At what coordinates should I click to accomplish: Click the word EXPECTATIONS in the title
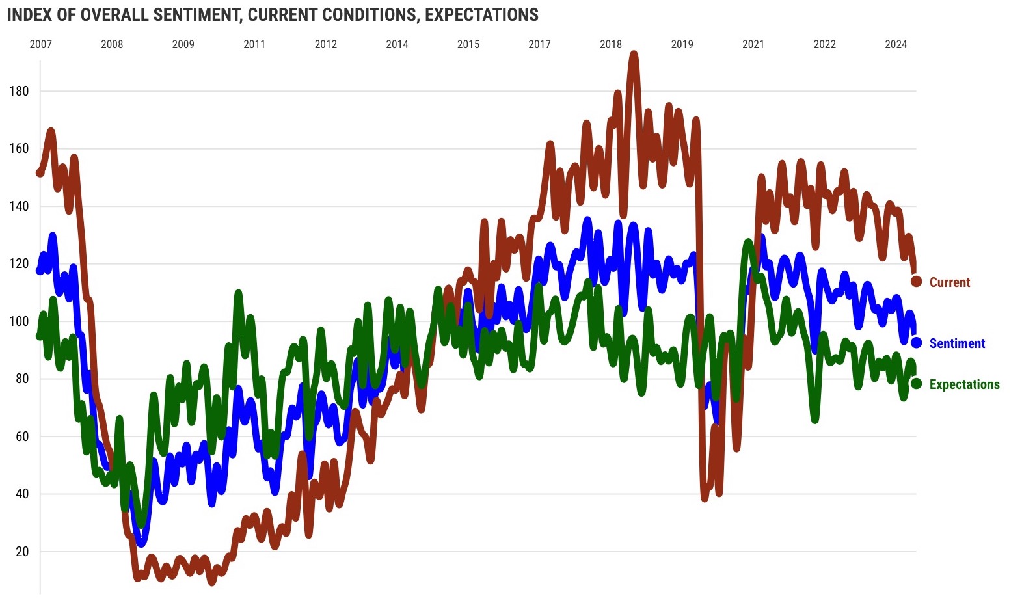click(481, 14)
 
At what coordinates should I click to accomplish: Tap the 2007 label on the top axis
click(41, 44)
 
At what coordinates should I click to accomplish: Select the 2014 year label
click(397, 44)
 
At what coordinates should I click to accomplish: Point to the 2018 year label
click(611, 44)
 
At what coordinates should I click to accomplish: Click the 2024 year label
click(896, 44)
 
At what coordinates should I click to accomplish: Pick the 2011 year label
click(254, 44)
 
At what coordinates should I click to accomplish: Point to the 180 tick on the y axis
click(19, 91)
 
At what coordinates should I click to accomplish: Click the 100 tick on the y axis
click(19, 321)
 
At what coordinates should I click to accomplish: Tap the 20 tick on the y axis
click(22, 552)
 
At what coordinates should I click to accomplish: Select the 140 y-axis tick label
click(19, 206)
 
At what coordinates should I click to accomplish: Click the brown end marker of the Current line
click(916, 282)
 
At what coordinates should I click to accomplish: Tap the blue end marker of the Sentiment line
click(916, 343)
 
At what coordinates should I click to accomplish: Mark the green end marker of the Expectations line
click(916, 384)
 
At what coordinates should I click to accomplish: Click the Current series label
click(949, 282)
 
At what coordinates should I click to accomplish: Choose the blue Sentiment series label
click(957, 343)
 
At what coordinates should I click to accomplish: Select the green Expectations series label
click(964, 384)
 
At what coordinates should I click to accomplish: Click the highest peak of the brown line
click(634, 55)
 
